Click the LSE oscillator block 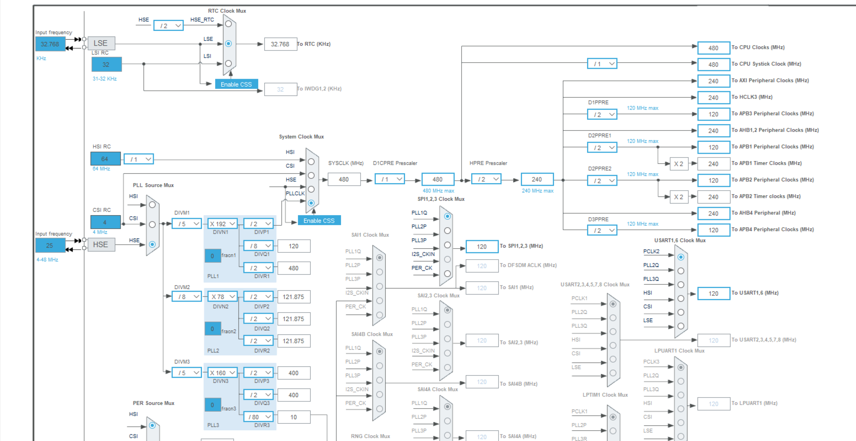click(x=101, y=43)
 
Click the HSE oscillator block click(x=101, y=245)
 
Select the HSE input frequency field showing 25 click(x=50, y=245)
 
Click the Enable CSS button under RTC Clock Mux click(x=236, y=84)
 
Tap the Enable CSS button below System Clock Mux click(x=319, y=220)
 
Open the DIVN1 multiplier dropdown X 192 click(x=223, y=224)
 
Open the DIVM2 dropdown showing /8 click(x=187, y=296)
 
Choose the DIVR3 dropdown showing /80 click(x=259, y=417)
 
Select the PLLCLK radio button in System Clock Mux click(x=311, y=203)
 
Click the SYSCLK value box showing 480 click(x=344, y=179)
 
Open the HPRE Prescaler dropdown click(x=486, y=179)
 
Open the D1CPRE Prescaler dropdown click(x=390, y=179)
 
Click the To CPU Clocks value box click(x=713, y=48)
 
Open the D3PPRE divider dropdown click(x=602, y=230)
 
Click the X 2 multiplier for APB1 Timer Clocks click(x=678, y=164)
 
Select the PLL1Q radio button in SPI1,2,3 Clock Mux click(x=447, y=216)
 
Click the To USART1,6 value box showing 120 click(x=713, y=294)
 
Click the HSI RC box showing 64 click(x=105, y=159)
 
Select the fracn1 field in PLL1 click(x=213, y=256)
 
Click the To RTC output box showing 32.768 click(x=280, y=44)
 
